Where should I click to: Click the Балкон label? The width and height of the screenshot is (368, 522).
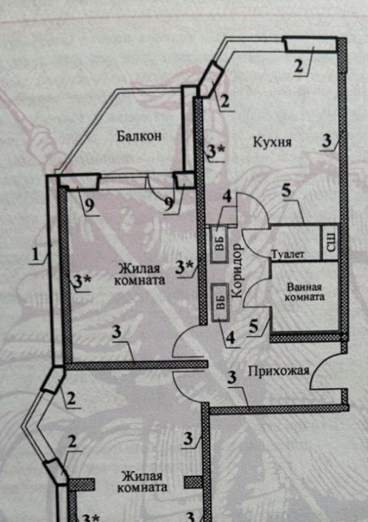click(x=139, y=136)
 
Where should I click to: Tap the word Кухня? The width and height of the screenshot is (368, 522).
click(x=272, y=142)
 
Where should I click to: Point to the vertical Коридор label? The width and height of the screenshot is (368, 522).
click(x=237, y=270)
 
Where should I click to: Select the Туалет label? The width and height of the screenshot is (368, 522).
click(x=288, y=255)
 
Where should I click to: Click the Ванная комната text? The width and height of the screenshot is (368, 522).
click(x=305, y=292)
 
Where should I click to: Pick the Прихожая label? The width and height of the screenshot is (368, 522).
click(x=279, y=370)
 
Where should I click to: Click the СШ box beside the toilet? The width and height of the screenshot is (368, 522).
click(x=330, y=242)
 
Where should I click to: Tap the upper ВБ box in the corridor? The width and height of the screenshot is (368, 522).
click(x=219, y=244)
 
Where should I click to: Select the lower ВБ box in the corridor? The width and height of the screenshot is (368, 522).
click(x=220, y=302)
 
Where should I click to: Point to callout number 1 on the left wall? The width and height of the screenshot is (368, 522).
click(x=36, y=255)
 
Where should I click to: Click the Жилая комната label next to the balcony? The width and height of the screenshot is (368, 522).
click(x=140, y=274)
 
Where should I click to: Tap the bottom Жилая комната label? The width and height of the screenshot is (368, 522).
click(x=142, y=482)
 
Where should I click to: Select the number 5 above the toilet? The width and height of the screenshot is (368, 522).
click(x=286, y=190)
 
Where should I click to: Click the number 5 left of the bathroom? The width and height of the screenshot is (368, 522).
click(x=254, y=326)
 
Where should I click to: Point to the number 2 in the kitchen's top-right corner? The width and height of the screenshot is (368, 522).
click(x=299, y=66)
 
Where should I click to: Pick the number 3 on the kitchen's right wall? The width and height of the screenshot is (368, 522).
click(x=327, y=141)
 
